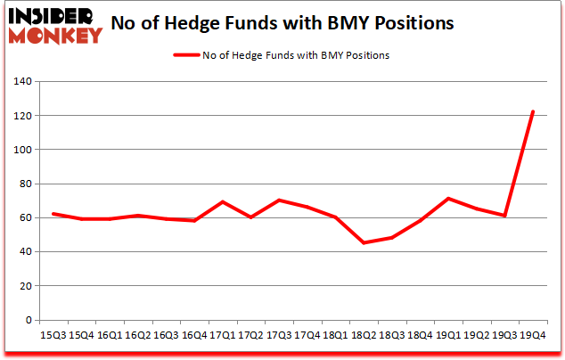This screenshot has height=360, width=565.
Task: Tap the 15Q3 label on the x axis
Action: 54,335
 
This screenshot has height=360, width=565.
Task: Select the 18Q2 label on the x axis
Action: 362,335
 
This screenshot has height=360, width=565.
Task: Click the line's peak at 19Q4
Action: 532,112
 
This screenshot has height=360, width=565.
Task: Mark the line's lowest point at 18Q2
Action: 364,242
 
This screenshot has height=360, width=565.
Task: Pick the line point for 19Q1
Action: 448,199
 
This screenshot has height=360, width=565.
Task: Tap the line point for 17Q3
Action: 280,200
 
